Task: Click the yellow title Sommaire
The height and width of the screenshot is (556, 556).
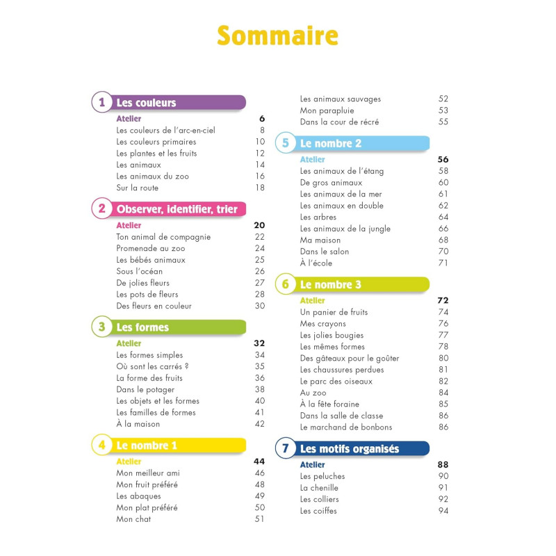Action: (277, 35)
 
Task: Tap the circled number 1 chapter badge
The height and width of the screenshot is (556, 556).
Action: (101, 103)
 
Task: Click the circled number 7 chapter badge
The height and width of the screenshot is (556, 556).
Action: (285, 448)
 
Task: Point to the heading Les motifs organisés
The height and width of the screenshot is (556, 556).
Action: (350, 449)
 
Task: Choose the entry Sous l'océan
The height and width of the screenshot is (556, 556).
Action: (140, 271)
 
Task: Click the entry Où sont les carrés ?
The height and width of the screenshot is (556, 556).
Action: (152, 366)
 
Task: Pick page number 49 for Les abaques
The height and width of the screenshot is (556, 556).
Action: (260, 496)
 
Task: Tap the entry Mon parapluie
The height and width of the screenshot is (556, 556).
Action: (327, 111)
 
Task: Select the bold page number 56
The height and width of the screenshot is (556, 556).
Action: (443, 159)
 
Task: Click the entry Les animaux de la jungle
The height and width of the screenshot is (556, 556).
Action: (345, 229)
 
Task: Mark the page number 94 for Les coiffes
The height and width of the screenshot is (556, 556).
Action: (443, 511)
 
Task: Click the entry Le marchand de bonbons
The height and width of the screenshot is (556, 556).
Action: (346, 427)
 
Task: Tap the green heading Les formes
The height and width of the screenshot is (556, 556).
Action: (142, 327)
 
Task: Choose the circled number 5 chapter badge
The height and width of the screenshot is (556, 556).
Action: (285, 144)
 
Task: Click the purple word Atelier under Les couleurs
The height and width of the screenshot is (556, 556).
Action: (129, 119)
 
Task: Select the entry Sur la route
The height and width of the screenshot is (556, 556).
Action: (138, 188)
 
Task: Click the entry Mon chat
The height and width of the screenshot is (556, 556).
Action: (134, 519)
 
